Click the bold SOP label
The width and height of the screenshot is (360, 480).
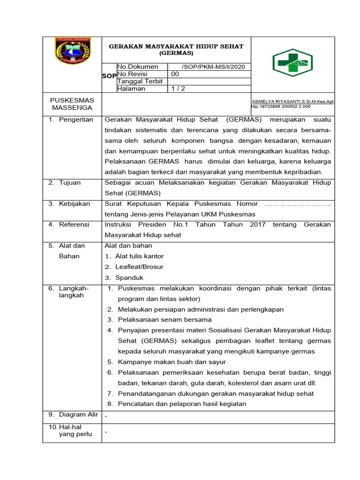coord(109,75)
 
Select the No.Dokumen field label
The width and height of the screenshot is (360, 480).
coord(138,67)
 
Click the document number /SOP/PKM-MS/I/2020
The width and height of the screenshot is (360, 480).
coord(210,67)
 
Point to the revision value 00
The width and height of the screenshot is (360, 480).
coord(174,74)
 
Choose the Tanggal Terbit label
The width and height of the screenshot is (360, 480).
coord(140,81)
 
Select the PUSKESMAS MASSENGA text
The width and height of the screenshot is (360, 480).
coord(72,104)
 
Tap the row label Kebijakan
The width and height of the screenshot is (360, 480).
coord(74,203)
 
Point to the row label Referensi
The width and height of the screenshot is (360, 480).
coord(74,225)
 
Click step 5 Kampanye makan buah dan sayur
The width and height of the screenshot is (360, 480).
coord(172,362)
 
